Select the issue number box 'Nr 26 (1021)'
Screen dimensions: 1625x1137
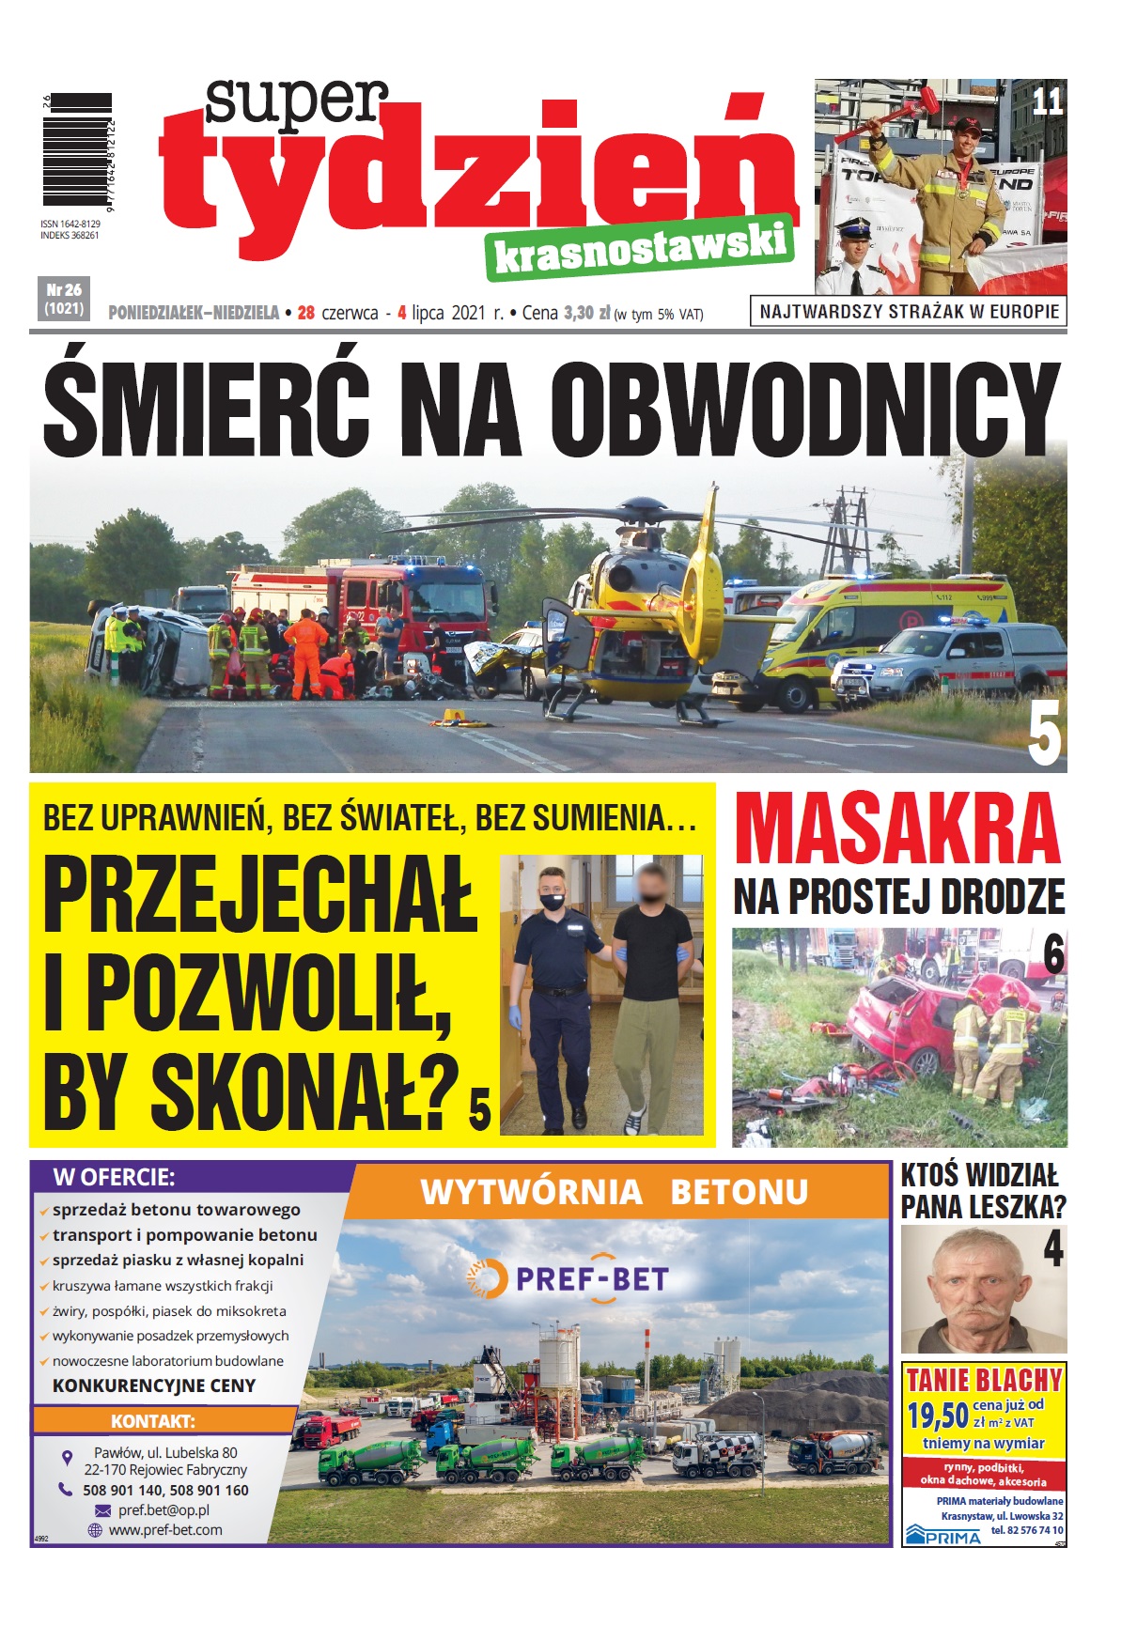[64, 299]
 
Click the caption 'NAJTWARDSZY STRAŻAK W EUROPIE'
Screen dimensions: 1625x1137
[908, 312]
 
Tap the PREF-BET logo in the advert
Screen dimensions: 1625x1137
[568, 1279]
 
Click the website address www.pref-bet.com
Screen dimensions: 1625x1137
[165, 1530]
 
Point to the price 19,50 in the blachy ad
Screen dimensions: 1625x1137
[937, 1415]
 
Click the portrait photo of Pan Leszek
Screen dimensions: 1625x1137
[983, 1290]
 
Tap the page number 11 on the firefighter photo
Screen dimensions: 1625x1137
[1047, 101]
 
